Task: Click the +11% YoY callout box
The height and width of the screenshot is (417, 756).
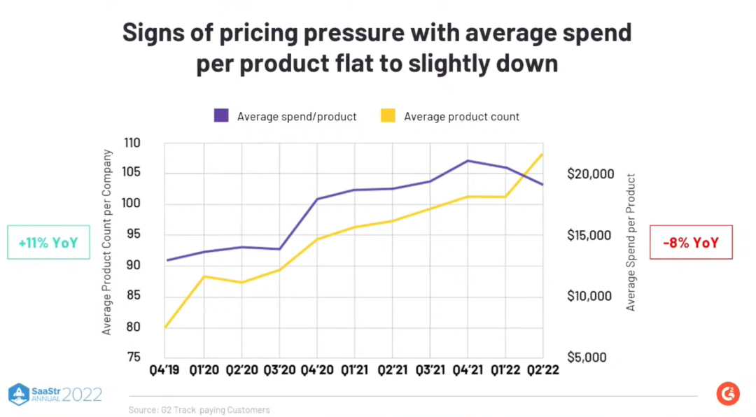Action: pyautogui.click(x=48, y=242)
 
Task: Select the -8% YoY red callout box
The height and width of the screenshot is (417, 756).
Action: pyautogui.click(x=691, y=242)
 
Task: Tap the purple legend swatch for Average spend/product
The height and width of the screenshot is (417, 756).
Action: pyautogui.click(x=221, y=116)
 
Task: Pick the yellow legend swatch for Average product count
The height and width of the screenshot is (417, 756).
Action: pyautogui.click(x=388, y=116)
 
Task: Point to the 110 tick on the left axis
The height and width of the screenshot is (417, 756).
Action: pyautogui.click(x=132, y=143)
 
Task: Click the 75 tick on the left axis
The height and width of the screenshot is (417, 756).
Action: pyautogui.click(x=133, y=357)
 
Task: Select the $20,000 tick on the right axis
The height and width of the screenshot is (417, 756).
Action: pyautogui.click(x=590, y=174)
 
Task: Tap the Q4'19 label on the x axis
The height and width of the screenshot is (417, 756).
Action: pyautogui.click(x=164, y=371)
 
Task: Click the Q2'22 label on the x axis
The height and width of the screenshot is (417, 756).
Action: pyautogui.click(x=542, y=371)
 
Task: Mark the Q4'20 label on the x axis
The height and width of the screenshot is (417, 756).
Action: pyautogui.click(x=316, y=371)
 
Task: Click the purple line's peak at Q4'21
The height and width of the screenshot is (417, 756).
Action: pyautogui.click(x=468, y=161)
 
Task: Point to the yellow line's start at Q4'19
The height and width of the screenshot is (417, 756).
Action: pyautogui.click(x=165, y=327)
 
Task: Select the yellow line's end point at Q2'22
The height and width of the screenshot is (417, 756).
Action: pyautogui.click(x=542, y=154)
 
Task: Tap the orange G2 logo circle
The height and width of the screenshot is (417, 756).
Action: pyautogui.click(x=728, y=394)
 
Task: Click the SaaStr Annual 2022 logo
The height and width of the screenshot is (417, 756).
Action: pyautogui.click(x=55, y=394)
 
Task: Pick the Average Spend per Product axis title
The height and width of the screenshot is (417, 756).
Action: pyautogui.click(x=631, y=242)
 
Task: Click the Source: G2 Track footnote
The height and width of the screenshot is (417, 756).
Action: pyautogui.click(x=199, y=410)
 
